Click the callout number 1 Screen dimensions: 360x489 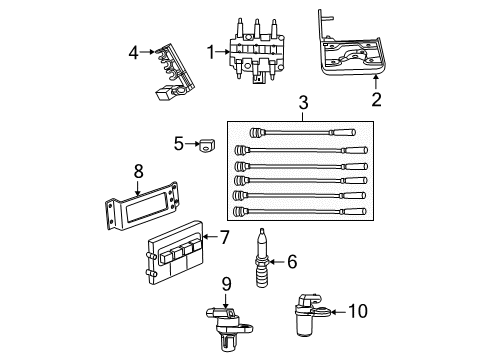[x=210, y=52]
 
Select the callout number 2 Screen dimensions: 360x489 [x=376, y=100]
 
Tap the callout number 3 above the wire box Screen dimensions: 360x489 [x=301, y=103]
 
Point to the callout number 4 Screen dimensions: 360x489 [x=132, y=52]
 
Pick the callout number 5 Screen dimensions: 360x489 [x=178, y=143]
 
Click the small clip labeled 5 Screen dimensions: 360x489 [x=206, y=144]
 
